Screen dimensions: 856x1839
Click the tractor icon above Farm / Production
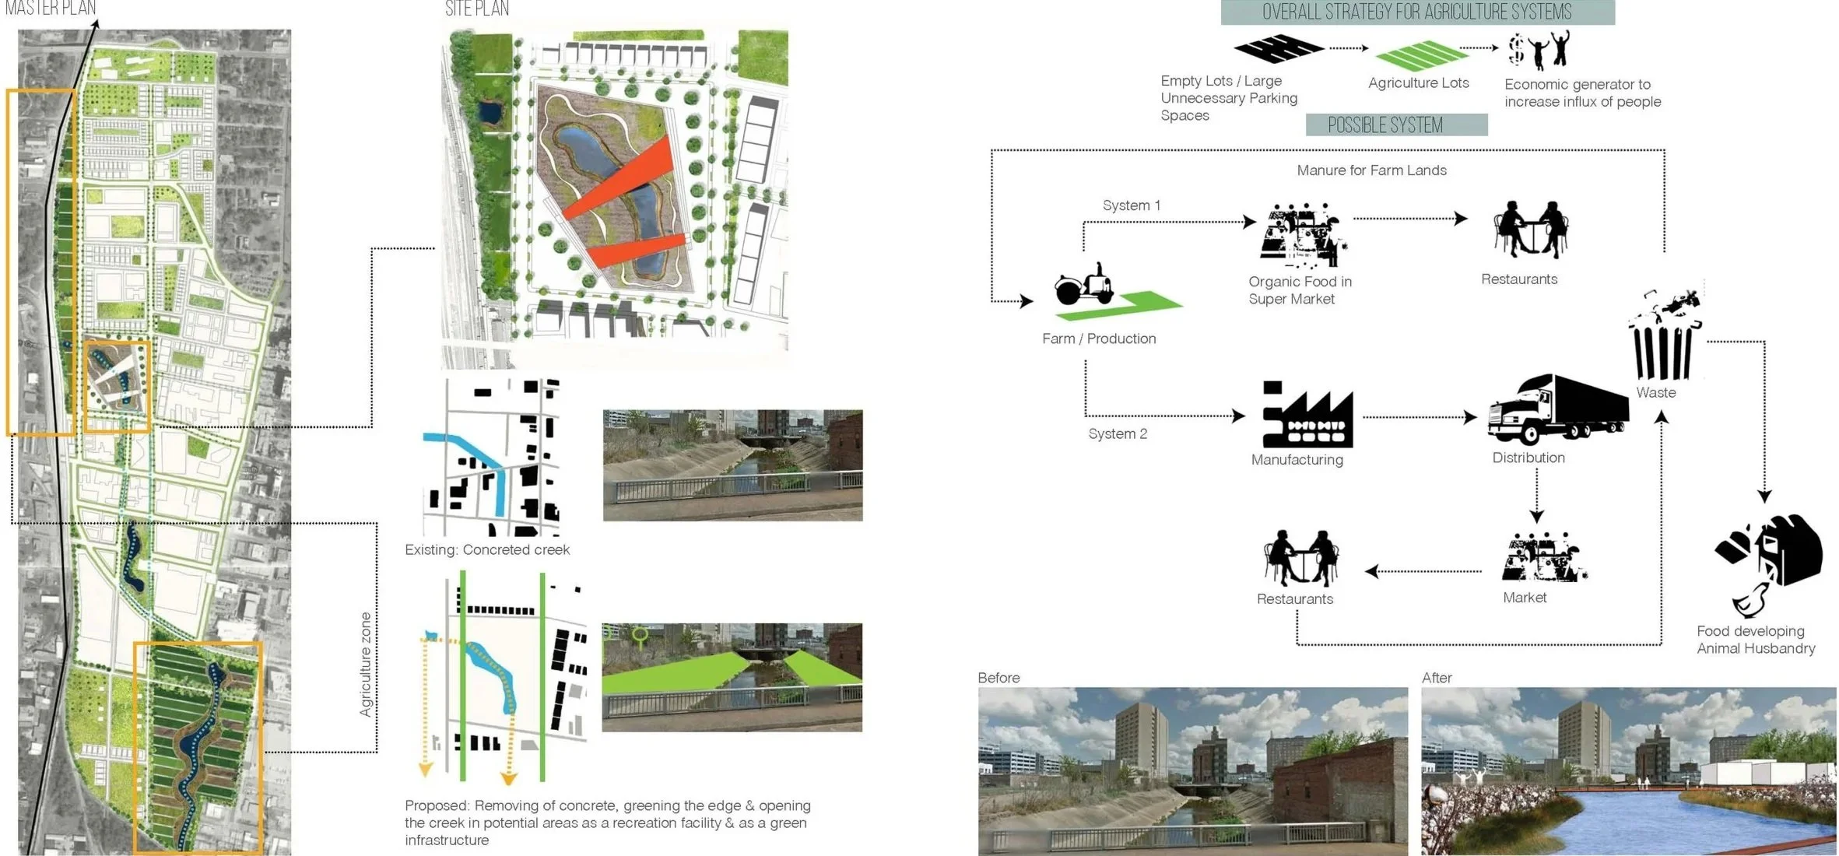coord(1083,285)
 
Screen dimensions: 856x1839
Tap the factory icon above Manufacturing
coord(1307,416)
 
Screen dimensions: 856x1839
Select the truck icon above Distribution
coord(1557,410)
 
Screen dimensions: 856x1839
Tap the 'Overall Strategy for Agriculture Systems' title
coord(1416,12)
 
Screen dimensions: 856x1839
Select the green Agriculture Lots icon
coord(1421,56)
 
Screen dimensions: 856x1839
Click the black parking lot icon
coord(1279,48)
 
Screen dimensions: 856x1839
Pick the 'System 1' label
coord(1131,205)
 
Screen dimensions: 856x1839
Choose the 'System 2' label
coord(1118,434)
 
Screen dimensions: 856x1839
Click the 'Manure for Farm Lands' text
coord(1371,170)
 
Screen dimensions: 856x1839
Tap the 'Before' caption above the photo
coord(998,678)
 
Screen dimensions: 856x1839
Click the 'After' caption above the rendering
coord(1437,678)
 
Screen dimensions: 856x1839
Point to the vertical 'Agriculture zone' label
coord(366,664)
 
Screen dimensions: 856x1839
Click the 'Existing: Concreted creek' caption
coord(487,550)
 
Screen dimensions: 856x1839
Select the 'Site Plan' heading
coord(477,9)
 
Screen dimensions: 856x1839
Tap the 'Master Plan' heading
coord(51,9)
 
